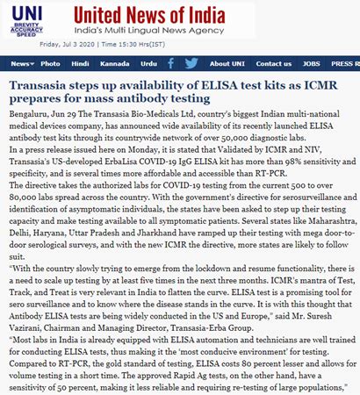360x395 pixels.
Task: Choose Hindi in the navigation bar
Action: click(80, 64)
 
